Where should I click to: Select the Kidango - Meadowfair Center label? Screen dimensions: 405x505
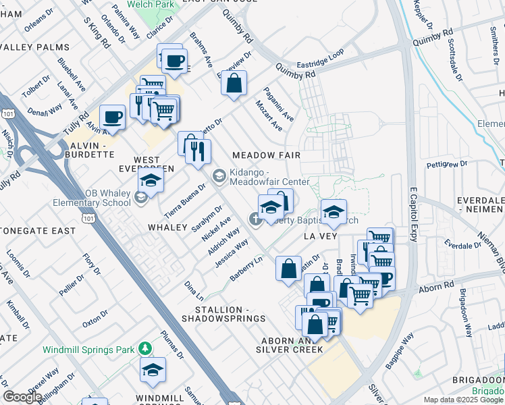(269, 178)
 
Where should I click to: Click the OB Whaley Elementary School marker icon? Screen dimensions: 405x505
(141, 197)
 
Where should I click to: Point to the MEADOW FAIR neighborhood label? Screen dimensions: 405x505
(266, 155)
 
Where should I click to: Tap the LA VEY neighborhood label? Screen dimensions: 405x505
(319, 237)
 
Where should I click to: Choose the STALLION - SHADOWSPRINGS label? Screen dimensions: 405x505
(223, 318)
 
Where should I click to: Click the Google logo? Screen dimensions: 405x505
(22, 397)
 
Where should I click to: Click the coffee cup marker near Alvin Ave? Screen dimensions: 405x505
(113, 117)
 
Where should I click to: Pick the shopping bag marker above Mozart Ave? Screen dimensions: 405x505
(234, 84)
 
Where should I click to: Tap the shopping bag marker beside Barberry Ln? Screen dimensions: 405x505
(288, 268)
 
